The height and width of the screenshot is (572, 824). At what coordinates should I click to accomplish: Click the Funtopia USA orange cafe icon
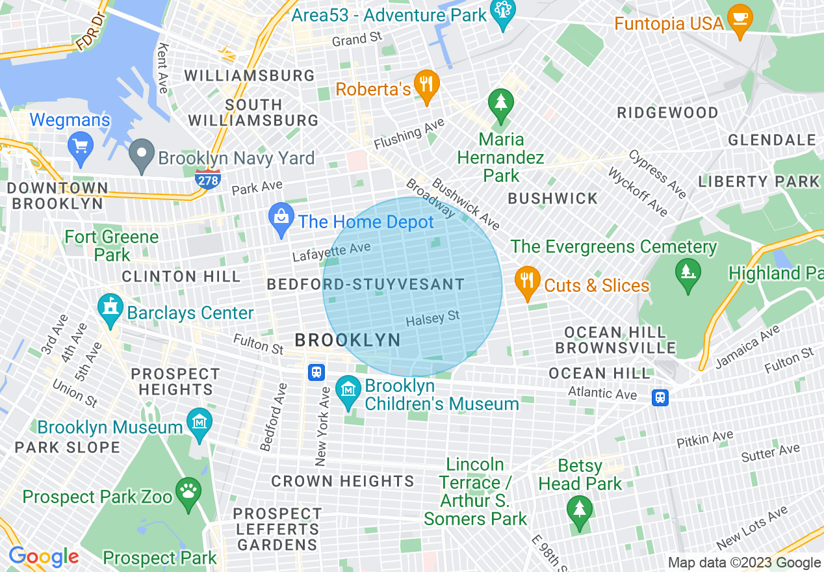740,19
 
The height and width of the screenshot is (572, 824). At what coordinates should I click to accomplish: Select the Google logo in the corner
44,556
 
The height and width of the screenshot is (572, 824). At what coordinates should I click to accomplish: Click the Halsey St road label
433,318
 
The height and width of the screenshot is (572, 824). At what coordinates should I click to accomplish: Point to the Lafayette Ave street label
331,252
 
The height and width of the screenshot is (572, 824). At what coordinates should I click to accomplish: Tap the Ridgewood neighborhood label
667,112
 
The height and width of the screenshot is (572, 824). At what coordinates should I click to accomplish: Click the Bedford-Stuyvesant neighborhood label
366,284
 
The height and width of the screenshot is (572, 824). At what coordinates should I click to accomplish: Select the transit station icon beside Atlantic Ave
660,397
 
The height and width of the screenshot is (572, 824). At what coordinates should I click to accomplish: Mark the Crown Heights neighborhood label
342,482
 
